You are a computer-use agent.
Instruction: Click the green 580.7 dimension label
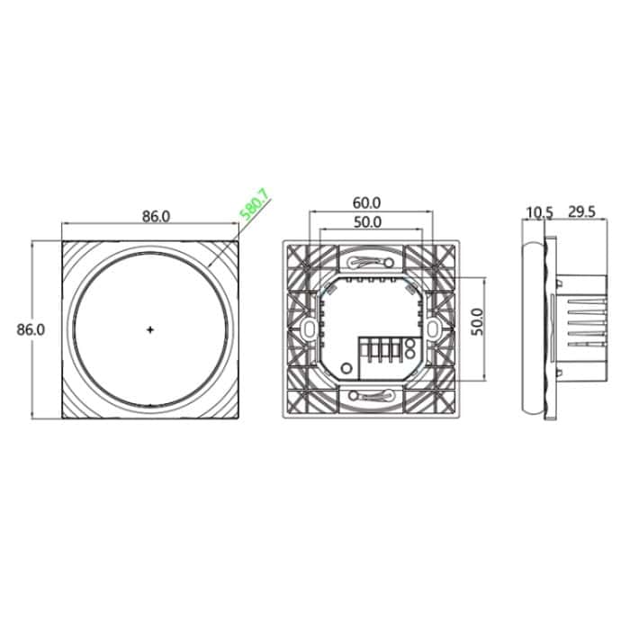click(x=255, y=207)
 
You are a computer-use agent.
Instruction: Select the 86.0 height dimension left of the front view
click(x=31, y=329)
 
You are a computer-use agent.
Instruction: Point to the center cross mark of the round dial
click(x=149, y=329)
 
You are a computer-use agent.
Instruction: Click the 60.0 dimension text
click(x=367, y=203)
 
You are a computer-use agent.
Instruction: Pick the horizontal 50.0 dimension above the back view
click(x=367, y=221)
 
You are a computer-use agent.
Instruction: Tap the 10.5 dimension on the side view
click(x=539, y=212)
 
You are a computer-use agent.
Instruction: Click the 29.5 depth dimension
click(x=582, y=212)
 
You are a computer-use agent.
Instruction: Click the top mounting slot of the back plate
click(x=370, y=262)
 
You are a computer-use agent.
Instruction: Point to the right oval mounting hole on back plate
click(x=434, y=329)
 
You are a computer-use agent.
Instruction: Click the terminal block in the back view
click(x=380, y=351)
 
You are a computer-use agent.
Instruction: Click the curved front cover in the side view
click(x=535, y=329)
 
